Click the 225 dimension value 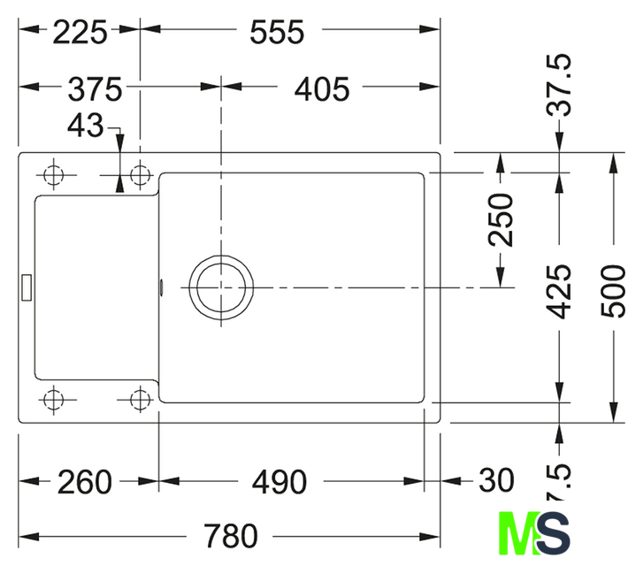tap(80, 32)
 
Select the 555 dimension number tap(277, 32)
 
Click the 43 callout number tap(85, 126)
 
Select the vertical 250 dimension tap(501, 219)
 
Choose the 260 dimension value tap(85, 482)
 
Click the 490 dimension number tap(278, 482)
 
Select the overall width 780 tap(231, 536)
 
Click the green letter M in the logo tap(517, 532)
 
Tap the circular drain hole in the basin tap(219, 287)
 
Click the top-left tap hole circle tap(55, 173)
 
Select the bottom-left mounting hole tap(55, 400)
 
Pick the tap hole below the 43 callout tap(139, 173)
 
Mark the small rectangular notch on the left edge tap(27, 285)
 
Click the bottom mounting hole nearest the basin tap(139, 400)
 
